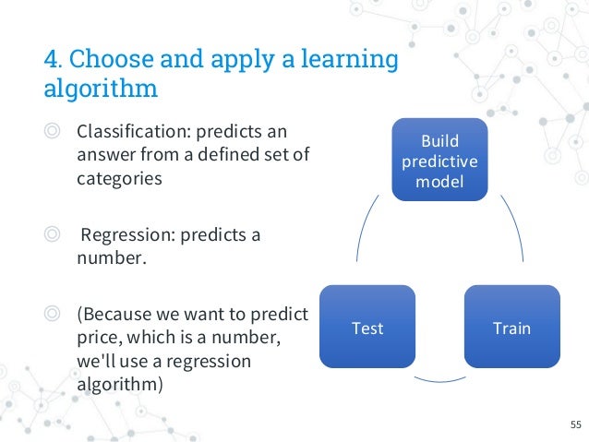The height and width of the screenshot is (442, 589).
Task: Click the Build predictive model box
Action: point(439,161)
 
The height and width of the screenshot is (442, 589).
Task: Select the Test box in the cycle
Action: point(367,329)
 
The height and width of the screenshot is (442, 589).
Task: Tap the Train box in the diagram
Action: point(511,329)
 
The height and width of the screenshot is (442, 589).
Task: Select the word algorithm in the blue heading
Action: point(101,90)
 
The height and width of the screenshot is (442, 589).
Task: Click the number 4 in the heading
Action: point(51,60)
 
